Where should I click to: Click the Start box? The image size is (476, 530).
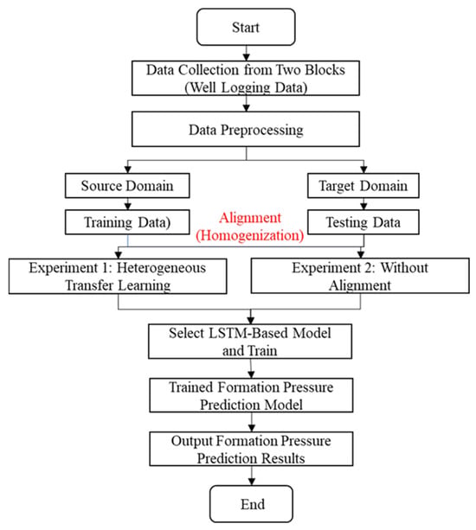coord(246,27)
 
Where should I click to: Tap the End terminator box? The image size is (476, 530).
coord(251,504)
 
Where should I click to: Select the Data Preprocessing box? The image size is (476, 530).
coord(246,129)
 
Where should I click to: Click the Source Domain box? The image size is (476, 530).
coord(127,186)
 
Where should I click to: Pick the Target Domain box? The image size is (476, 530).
coord(363,186)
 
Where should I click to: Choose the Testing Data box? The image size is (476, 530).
coord(363,222)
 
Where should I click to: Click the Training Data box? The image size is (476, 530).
coord(127,222)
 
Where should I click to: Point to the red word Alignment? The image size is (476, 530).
coord(250,218)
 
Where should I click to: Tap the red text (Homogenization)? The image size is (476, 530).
coord(250,235)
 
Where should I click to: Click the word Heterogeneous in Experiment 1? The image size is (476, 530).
coord(161,268)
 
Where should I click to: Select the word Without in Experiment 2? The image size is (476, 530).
coord(404,268)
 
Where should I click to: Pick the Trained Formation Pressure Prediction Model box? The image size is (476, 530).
coord(251,395)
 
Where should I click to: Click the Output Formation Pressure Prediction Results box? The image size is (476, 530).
coord(251,449)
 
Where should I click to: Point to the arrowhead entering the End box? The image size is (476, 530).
coord(252,482)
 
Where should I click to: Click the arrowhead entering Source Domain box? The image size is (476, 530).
coord(127,169)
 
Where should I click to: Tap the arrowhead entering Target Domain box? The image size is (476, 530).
coord(363,169)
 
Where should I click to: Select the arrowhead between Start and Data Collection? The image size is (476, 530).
coord(247,57)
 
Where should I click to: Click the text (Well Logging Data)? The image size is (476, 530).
coord(246,87)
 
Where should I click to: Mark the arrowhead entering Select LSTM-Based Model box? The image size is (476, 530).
coord(251,321)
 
